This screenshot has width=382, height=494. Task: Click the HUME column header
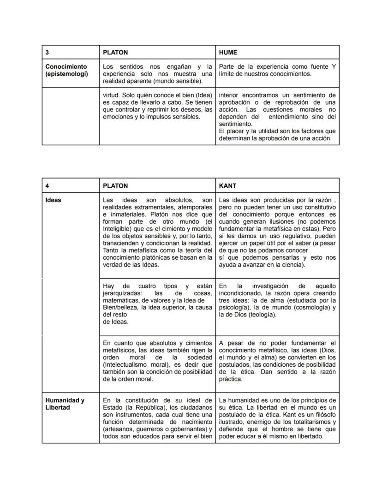228,53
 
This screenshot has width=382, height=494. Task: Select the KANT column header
227,185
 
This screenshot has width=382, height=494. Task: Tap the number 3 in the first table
47,53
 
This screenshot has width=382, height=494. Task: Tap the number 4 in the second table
47,185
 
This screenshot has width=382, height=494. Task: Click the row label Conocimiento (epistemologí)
66,70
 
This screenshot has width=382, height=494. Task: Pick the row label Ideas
53,200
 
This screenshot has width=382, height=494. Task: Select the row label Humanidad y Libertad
65,404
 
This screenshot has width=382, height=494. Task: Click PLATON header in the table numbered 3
115,53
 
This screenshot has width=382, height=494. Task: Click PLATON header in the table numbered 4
115,185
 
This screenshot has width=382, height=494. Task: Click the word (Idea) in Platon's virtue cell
203,95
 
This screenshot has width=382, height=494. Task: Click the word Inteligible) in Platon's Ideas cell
120,229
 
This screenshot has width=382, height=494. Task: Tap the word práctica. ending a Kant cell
230,379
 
